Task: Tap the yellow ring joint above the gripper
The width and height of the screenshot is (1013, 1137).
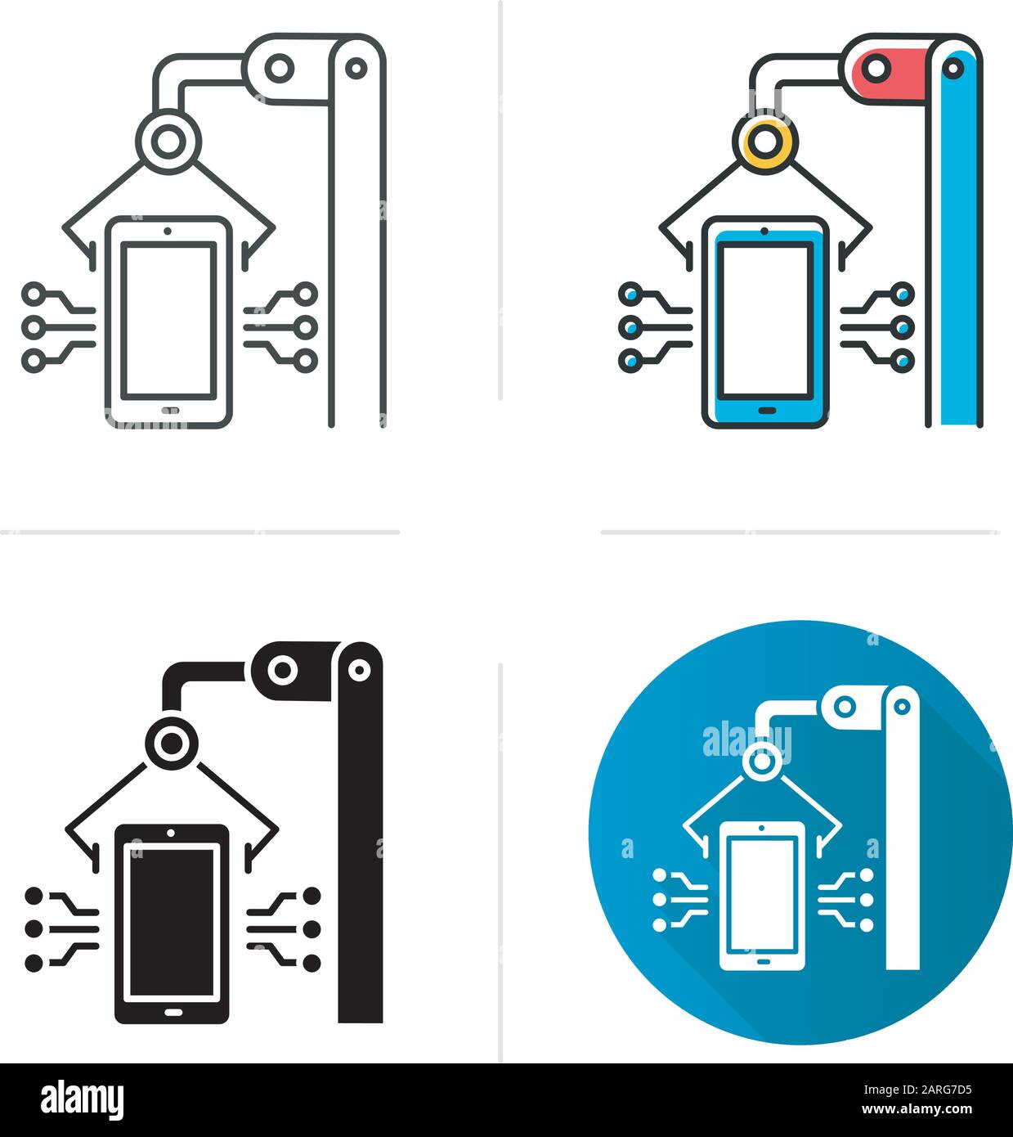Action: (x=766, y=141)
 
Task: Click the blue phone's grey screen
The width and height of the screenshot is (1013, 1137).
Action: (x=764, y=318)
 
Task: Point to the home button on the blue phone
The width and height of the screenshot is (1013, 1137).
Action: (x=766, y=410)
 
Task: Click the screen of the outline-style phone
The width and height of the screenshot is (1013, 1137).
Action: (x=168, y=319)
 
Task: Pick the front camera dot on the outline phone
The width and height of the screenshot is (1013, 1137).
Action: (x=168, y=231)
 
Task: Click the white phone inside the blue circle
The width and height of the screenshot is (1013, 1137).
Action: (x=761, y=895)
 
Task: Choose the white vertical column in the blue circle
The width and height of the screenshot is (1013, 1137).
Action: (x=903, y=843)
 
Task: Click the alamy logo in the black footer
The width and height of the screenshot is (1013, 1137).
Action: (x=83, y=1099)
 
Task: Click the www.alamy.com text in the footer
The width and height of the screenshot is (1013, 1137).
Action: (x=924, y=1110)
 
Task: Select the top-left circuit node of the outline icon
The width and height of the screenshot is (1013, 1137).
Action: (x=34, y=293)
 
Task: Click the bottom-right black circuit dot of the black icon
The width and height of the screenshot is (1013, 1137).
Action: (x=312, y=964)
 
